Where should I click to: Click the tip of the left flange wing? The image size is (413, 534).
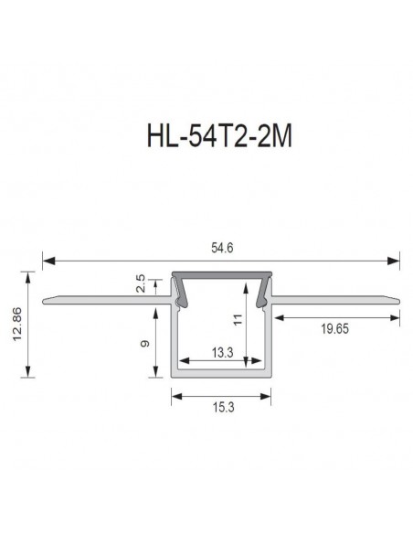(45, 298)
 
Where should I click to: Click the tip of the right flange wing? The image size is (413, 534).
(397, 298)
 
